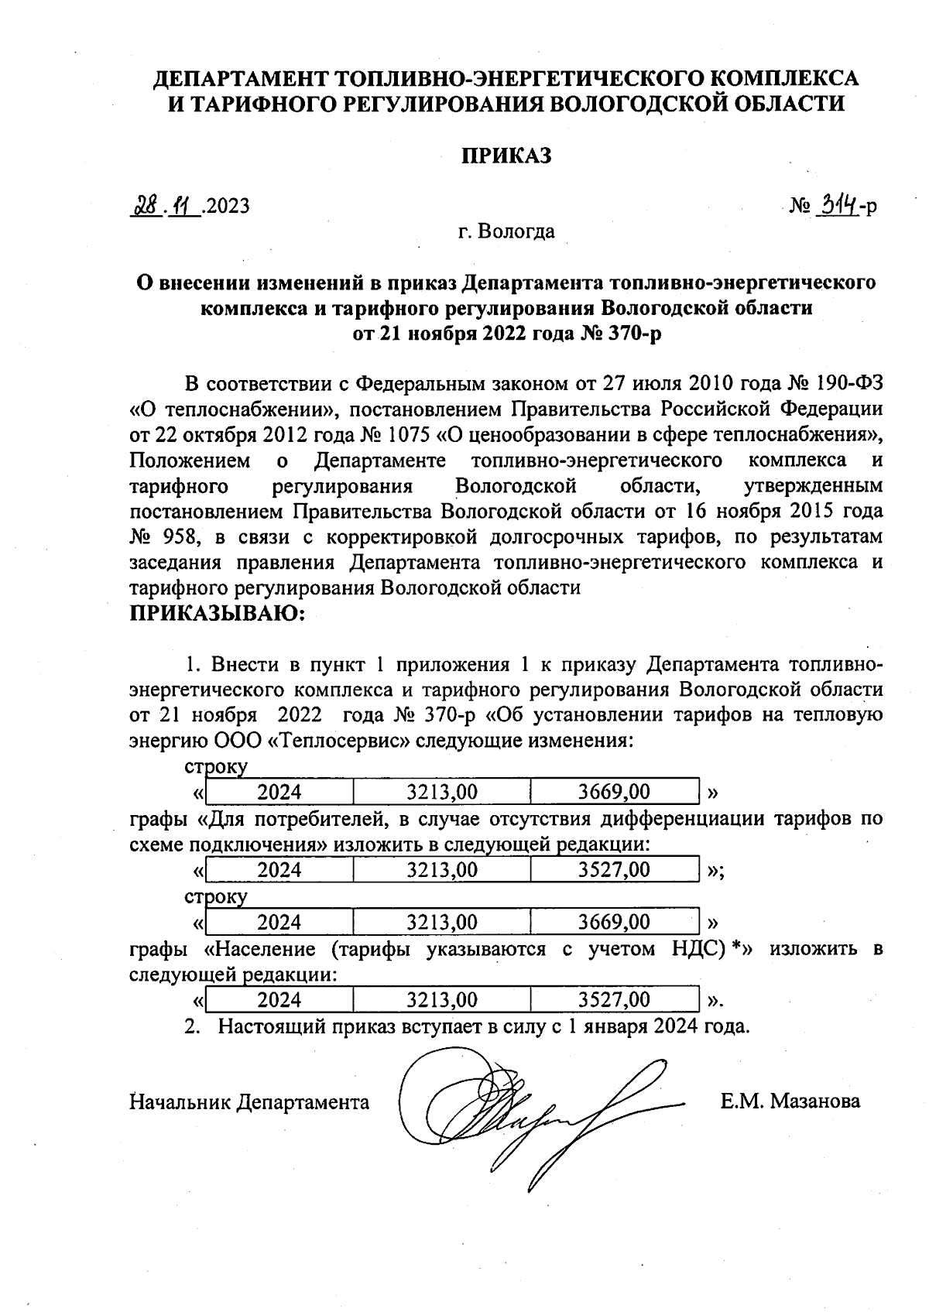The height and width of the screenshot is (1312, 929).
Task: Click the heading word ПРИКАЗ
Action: (506, 156)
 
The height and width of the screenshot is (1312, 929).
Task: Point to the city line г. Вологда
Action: (506, 231)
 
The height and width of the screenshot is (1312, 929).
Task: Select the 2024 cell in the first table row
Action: (279, 791)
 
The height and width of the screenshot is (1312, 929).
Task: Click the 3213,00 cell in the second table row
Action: (441, 869)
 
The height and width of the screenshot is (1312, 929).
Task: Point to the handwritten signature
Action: (526, 1107)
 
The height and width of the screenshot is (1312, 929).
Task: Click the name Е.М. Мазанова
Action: (790, 1101)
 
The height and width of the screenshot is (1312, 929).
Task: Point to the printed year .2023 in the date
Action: (227, 206)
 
